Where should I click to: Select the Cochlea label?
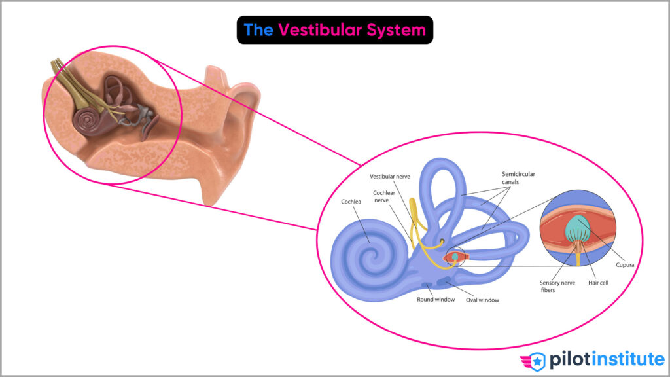pyautogui.click(x=351, y=202)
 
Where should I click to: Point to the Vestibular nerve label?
pyautogui.click(x=391, y=177)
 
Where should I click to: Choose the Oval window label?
pyautogui.click(x=482, y=300)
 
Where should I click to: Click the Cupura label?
pyautogui.click(x=626, y=264)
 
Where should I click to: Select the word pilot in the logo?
pyautogui.click(x=567, y=359)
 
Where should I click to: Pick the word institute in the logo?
pyautogui.click(x=626, y=359)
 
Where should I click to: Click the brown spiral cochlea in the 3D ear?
pyautogui.click(x=88, y=120)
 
